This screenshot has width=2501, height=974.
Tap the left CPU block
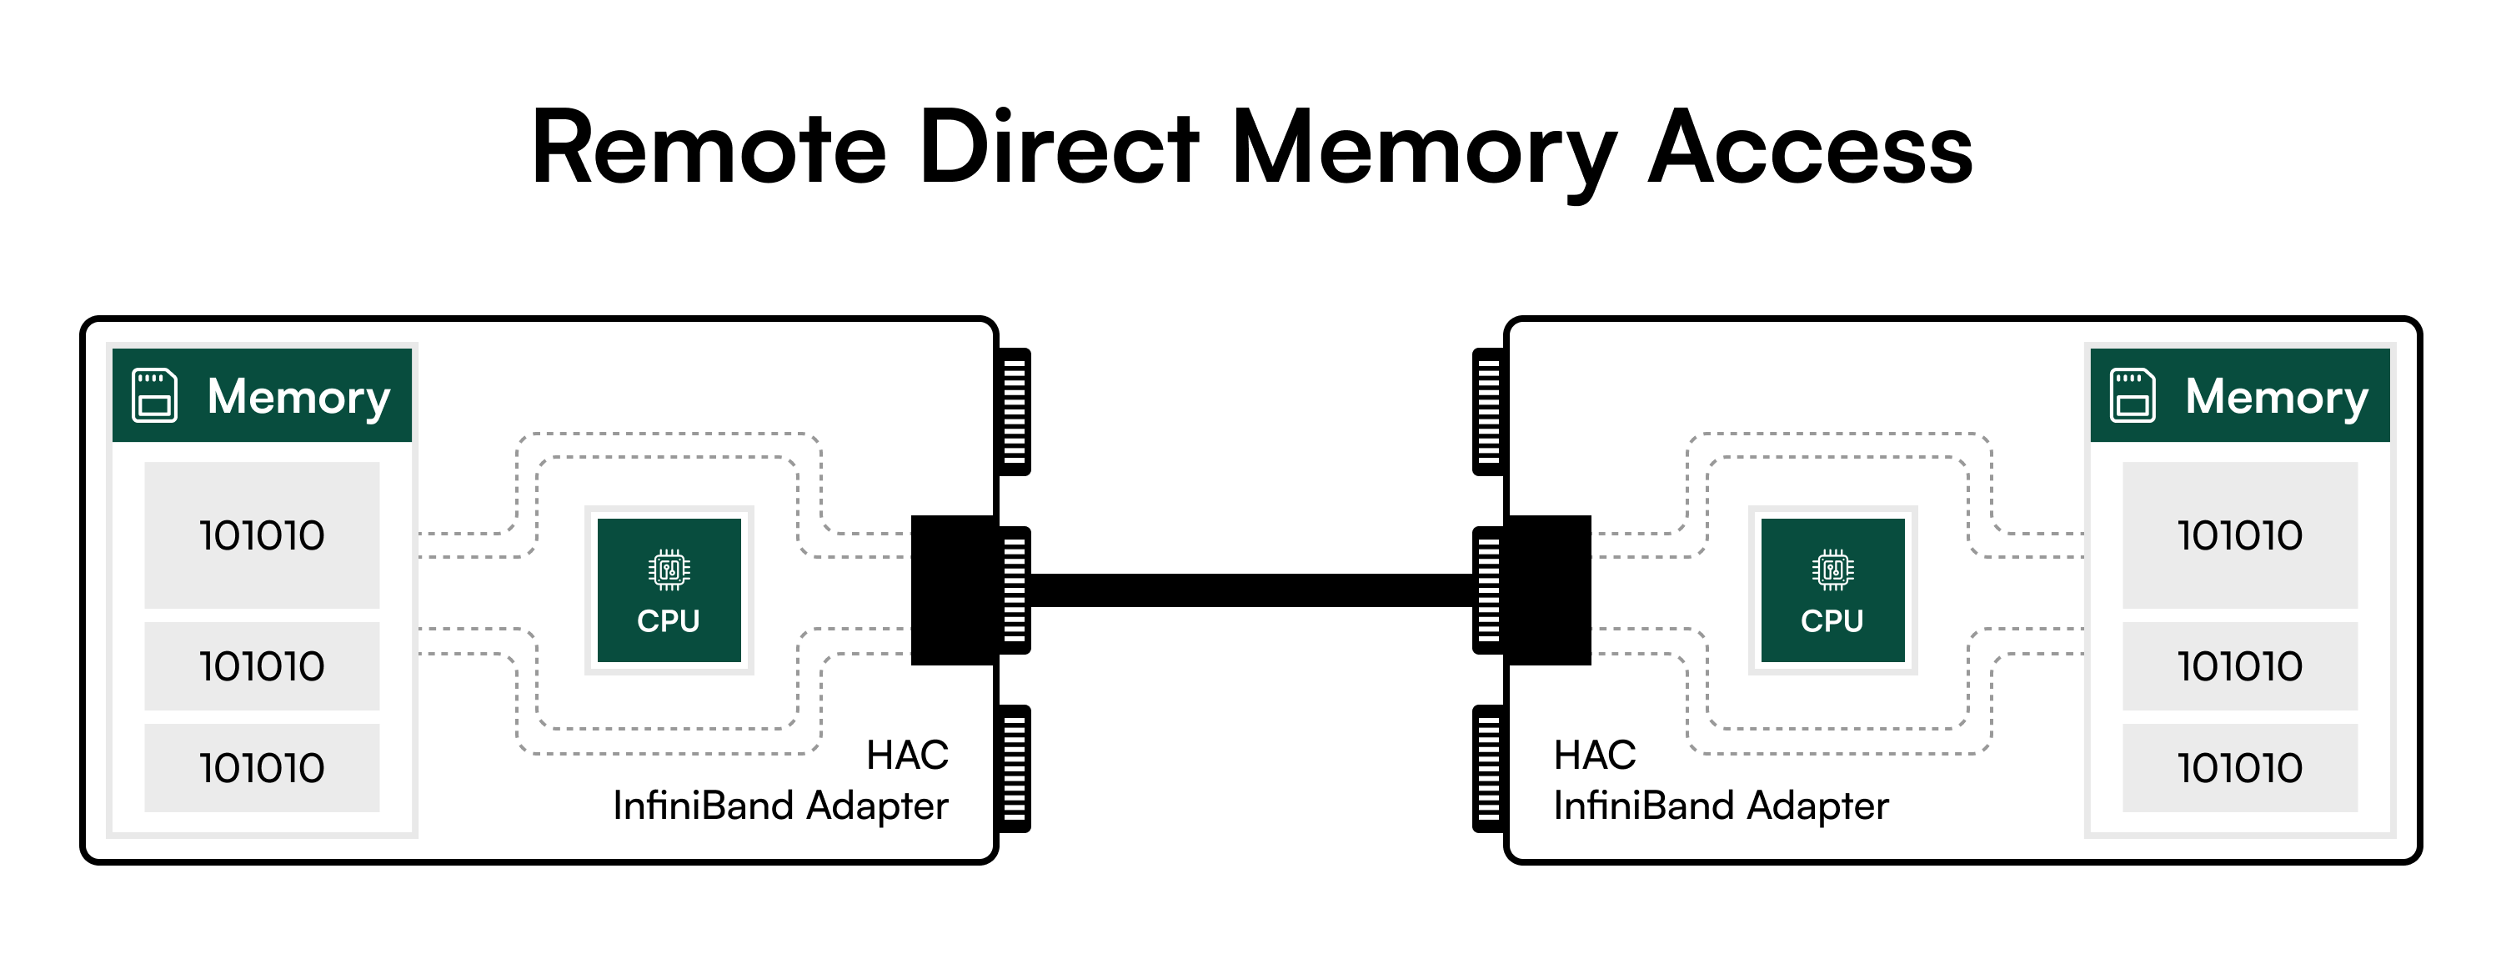point(669,590)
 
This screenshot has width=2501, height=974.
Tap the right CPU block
point(1832,590)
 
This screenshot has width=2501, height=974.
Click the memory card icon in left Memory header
point(154,395)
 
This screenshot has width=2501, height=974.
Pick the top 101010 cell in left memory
point(262,535)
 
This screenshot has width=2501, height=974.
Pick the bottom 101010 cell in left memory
point(262,768)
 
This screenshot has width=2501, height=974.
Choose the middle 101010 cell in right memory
point(2240,666)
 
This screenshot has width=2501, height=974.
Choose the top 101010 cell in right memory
point(2240,535)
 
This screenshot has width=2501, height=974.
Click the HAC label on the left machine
point(907,756)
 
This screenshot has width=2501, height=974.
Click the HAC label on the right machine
point(1594,756)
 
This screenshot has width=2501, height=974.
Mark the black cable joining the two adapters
point(1250,590)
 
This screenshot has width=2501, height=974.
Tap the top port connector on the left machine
point(1014,412)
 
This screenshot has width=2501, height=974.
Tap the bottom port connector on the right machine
point(1488,769)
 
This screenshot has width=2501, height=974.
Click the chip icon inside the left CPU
point(669,570)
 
